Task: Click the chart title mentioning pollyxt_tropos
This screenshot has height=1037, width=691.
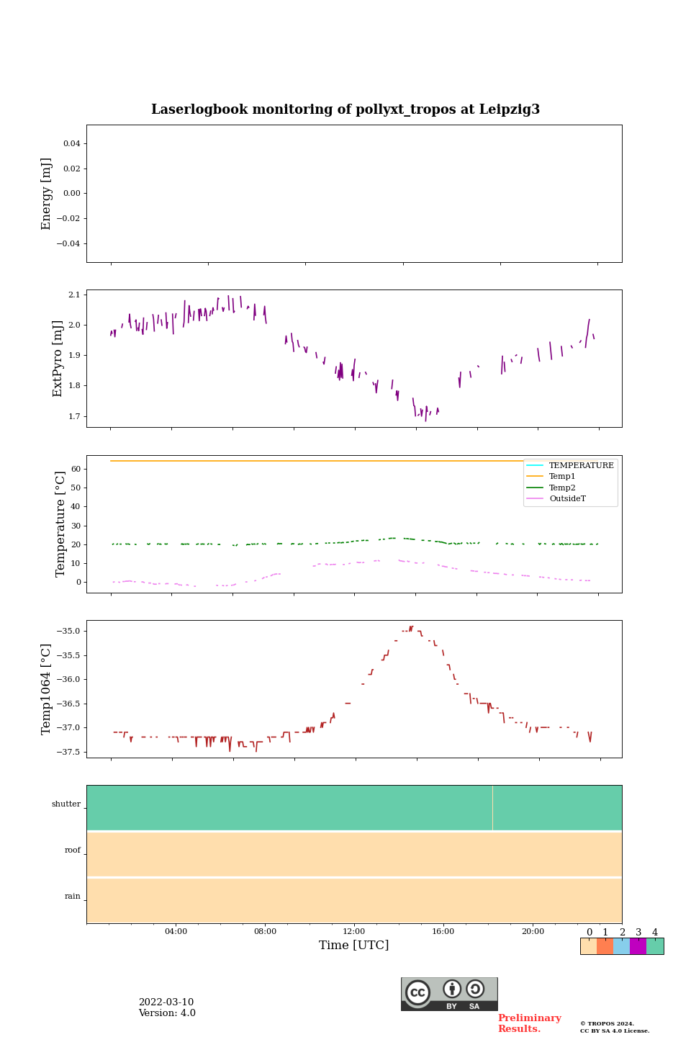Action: [345, 109]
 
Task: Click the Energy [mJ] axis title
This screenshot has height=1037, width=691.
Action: [47, 194]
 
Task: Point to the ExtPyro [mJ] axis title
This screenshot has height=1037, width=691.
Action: [58, 359]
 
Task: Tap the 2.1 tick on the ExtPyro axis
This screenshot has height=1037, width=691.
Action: [74, 295]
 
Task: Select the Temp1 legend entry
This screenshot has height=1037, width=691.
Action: [562, 477]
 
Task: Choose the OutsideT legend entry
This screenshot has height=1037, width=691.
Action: [567, 498]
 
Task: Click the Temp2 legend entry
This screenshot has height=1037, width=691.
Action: [562, 488]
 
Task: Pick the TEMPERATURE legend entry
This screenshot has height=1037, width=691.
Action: [581, 466]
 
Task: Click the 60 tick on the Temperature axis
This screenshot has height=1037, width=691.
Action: [75, 469]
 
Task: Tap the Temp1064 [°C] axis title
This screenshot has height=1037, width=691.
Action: [47, 689]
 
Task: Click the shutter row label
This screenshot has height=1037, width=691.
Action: [66, 804]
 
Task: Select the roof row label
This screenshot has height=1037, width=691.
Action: [73, 850]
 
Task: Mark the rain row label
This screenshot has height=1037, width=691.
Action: [73, 897]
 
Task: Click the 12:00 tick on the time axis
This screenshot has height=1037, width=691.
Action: [354, 932]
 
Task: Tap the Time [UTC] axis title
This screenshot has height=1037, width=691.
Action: [354, 946]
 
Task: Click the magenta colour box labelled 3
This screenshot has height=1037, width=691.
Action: [638, 946]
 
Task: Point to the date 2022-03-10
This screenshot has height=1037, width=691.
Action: [166, 1002]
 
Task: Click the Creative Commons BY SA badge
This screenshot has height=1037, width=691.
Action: [449, 994]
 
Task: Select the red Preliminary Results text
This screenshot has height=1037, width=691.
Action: [529, 1023]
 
